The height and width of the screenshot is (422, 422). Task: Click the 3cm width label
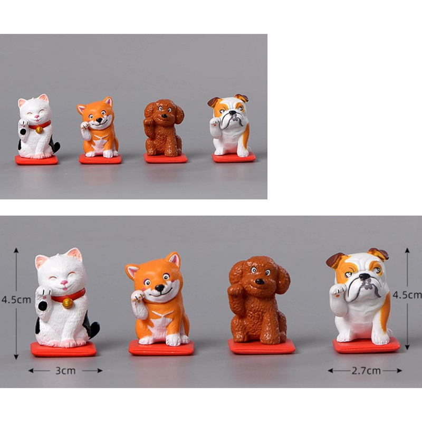click(65, 371)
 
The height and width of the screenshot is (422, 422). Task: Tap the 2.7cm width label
click(366, 371)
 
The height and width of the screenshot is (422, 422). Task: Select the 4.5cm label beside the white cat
click(17, 300)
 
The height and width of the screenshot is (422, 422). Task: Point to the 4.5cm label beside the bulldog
click(407, 295)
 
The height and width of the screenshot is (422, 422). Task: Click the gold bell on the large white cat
click(68, 302)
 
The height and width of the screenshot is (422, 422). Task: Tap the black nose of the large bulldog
click(365, 276)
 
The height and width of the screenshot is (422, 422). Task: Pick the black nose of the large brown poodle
click(260, 282)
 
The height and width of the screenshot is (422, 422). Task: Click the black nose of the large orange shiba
click(159, 288)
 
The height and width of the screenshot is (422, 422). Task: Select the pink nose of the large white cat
click(64, 283)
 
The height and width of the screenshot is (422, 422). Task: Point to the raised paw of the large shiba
click(138, 296)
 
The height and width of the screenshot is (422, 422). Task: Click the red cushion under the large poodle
click(261, 346)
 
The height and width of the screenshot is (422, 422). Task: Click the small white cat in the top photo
click(37, 129)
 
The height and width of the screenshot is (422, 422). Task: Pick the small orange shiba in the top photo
click(99, 130)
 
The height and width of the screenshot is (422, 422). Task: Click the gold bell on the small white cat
click(39, 130)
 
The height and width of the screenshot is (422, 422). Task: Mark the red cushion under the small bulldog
click(234, 157)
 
